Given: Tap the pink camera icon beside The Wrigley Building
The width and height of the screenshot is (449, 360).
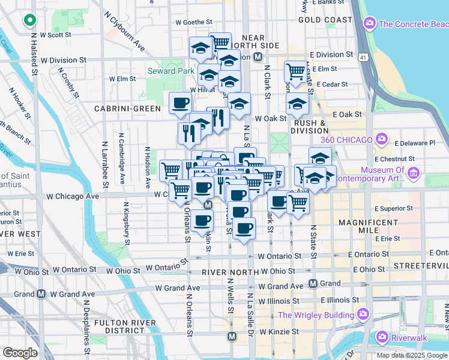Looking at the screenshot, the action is coord(363,314).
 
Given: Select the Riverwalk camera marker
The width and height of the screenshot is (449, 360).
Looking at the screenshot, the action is coord(381,338).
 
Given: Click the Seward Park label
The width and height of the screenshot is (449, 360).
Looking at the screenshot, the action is coord(171,71).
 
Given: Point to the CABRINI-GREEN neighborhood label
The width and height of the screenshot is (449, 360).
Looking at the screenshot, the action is coord(127,109).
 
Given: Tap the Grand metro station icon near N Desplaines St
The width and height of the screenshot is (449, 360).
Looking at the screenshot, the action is coord(41,294).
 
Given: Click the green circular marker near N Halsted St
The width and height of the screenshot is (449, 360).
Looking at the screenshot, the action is coord(29,21).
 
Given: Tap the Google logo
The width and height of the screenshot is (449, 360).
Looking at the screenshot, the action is coord(20,352).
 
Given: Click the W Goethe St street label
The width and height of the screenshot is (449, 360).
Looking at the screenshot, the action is coord(193,22).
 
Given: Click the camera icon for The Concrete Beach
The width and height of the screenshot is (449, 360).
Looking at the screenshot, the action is coord(370,24).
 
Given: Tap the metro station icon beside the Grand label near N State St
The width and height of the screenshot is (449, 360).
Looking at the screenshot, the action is coord(313,283).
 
